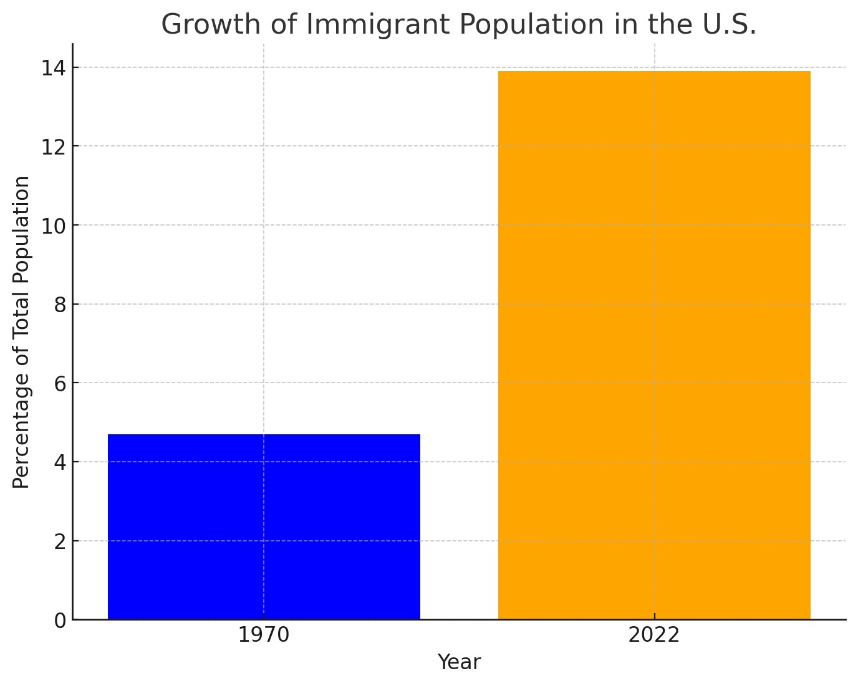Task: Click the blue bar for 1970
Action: pos(264,526)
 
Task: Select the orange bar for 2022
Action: pos(654,345)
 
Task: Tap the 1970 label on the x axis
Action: pos(264,636)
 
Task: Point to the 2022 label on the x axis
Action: pos(654,636)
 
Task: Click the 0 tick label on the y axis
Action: pos(59,621)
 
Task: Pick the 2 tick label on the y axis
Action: pos(59,541)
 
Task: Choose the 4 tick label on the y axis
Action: pos(59,462)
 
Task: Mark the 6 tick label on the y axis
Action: pos(59,383)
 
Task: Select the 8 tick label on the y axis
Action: pos(59,305)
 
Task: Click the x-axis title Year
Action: pos(459,662)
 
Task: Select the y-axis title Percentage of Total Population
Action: pos(22,332)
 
